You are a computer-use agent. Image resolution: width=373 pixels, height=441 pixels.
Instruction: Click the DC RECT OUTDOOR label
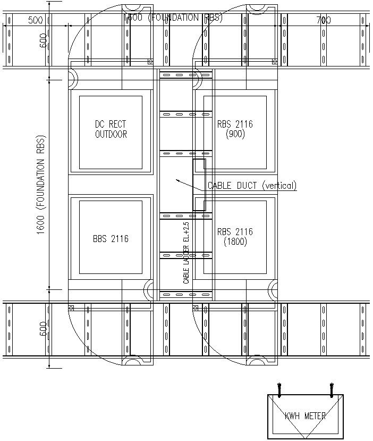pyautogui.click(x=111, y=129)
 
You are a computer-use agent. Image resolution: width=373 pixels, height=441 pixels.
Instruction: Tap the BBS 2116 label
pyautogui.click(x=111, y=239)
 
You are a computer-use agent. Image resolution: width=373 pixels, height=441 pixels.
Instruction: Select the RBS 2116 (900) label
pyautogui.click(x=235, y=129)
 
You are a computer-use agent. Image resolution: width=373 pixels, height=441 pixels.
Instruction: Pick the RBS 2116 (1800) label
pyautogui.click(x=235, y=237)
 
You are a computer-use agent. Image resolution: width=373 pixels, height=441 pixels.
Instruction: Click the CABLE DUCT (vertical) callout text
pyautogui.click(x=252, y=186)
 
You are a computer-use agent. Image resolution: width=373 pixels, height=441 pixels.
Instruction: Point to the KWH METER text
pyautogui.click(x=305, y=416)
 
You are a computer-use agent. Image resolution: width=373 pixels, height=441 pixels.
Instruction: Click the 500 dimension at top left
pyautogui.click(x=35, y=20)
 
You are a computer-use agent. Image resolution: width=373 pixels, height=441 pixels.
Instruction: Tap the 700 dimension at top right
pyautogui.click(x=323, y=20)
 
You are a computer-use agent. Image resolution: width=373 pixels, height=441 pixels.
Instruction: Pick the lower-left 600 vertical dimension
pyautogui.click(x=43, y=330)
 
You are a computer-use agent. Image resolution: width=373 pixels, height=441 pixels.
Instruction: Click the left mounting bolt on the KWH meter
pyautogui.click(x=279, y=390)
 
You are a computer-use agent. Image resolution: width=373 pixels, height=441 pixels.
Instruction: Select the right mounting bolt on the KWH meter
pyautogui.click(x=331, y=390)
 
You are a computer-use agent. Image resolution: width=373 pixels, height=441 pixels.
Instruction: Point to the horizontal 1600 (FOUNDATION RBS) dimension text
pyautogui.click(x=173, y=17)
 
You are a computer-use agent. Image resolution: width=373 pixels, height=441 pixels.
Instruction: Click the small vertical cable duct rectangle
pyautogui.click(x=199, y=185)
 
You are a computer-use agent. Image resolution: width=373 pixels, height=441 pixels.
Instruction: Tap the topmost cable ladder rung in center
pyautogui.click(x=185, y=74)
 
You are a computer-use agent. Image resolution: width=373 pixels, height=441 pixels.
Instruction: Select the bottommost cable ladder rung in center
pyautogui.click(x=185, y=294)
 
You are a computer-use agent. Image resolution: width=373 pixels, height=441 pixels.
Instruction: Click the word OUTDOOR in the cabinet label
pyautogui.click(x=111, y=135)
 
